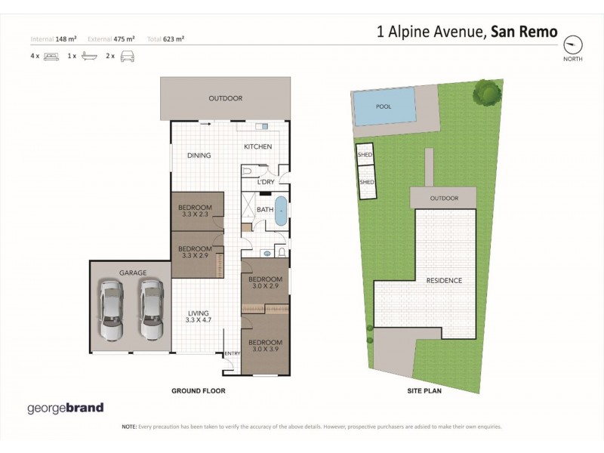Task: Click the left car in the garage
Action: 111,310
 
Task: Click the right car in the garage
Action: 151,310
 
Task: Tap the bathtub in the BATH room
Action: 281,211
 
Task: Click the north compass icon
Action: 574,43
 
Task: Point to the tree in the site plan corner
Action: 487,93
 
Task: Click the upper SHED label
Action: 365,155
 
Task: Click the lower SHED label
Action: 366,182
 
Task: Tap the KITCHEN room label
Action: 257,146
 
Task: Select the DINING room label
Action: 199,156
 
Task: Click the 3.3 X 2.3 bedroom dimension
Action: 195,214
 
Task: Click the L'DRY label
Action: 265,182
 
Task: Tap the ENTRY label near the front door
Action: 232,353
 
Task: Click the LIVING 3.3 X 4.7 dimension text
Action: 199,320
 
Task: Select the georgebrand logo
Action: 65,408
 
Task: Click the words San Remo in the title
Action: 524,32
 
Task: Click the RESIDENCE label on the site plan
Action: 444,281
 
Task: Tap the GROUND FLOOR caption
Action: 199,391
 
